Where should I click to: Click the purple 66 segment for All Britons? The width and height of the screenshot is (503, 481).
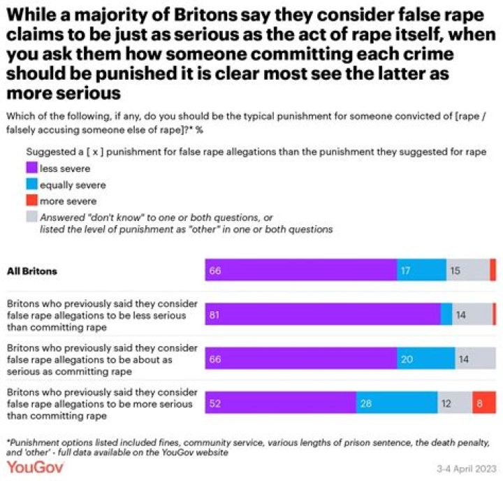click(x=300, y=270)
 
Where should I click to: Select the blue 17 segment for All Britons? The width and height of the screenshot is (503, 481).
click(x=421, y=270)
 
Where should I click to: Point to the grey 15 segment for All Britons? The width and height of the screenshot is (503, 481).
click(x=467, y=270)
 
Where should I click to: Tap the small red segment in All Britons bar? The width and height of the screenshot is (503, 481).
click(x=493, y=270)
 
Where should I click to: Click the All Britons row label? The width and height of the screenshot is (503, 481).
click(x=32, y=270)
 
